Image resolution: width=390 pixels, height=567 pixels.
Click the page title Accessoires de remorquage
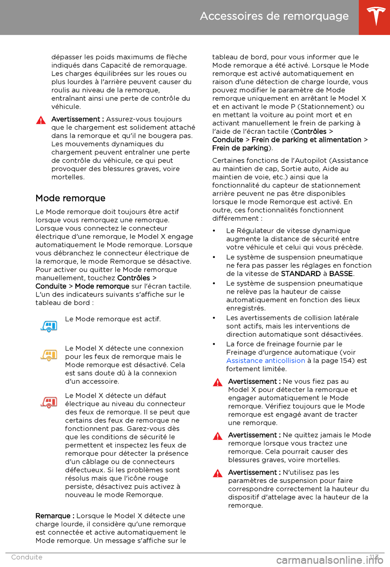pos(274,16)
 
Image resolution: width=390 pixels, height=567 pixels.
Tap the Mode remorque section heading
pos(70,198)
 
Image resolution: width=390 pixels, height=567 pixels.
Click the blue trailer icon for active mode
pos(49,326)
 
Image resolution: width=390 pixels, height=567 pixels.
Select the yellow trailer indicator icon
pos(49,355)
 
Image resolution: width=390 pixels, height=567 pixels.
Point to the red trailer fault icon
pos(49,402)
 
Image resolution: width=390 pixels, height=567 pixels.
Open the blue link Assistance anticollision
pos(265,361)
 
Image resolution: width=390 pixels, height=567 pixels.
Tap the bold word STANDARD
pos(301,274)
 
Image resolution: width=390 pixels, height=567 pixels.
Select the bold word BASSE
pos(341,274)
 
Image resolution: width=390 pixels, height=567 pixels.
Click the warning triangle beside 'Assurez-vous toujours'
pos(41,120)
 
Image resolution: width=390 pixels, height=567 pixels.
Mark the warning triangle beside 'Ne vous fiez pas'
pos(217,382)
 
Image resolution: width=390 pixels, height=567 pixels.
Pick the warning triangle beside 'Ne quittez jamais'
pos(217,436)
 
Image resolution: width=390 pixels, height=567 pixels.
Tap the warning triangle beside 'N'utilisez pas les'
pos(217,473)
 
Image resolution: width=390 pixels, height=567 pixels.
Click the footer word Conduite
pos(27,557)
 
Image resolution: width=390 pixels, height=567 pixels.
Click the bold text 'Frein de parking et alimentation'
pos(306,140)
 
